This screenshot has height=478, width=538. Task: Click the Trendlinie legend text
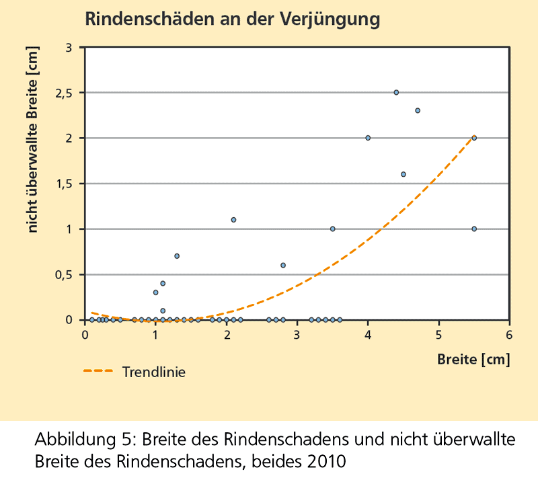[x=154, y=370]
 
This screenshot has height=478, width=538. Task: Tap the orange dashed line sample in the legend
[x=98, y=370]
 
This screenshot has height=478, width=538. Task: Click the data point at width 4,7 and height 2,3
[x=418, y=110]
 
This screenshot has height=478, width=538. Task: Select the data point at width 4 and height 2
[x=368, y=138]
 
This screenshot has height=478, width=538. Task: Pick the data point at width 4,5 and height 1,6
[x=403, y=174]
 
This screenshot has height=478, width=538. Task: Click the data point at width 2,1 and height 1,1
[x=233, y=220]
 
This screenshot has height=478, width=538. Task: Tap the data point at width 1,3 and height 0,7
[x=177, y=256]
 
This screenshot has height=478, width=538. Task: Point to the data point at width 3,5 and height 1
[x=332, y=229]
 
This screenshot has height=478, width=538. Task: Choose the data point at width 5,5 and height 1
[x=474, y=229]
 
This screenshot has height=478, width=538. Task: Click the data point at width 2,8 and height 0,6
[x=283, y=265]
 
